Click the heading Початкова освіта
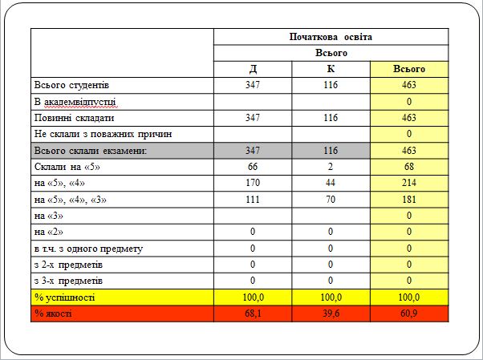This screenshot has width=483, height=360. (331, 37)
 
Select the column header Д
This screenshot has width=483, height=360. (253, 69)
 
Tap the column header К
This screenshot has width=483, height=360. (331, 69)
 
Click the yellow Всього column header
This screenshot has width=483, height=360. (408, 69)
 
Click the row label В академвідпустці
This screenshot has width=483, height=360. (75, 102)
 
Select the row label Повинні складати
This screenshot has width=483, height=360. (70, 118)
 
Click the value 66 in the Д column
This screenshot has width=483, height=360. (253, 167)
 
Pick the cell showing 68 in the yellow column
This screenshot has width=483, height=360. (408, 167)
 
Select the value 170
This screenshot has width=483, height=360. (253, 183)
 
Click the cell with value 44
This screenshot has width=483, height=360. (331, 183)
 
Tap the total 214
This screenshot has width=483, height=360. (408, 183)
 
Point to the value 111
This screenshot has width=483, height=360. (253, 199)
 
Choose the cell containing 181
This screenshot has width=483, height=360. (408, 199)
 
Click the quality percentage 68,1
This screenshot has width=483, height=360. (253, 313)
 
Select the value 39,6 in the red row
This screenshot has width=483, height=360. (331, 313)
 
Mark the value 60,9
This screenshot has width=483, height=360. (408, 313)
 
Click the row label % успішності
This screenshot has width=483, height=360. (64, 297)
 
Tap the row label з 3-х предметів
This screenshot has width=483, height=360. (68, 281)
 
